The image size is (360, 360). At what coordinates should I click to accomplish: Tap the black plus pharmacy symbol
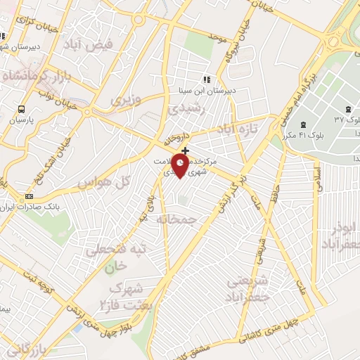coord(185,150)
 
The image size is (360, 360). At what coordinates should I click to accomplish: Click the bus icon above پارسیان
coord(21,110)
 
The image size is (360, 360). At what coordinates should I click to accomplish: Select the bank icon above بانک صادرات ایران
coord(29,195)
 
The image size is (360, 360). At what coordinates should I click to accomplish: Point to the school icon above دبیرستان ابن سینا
coord(206,79)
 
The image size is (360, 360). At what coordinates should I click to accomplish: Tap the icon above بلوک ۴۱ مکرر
coord(303,124)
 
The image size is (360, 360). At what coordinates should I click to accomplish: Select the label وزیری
coord(126,100)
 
